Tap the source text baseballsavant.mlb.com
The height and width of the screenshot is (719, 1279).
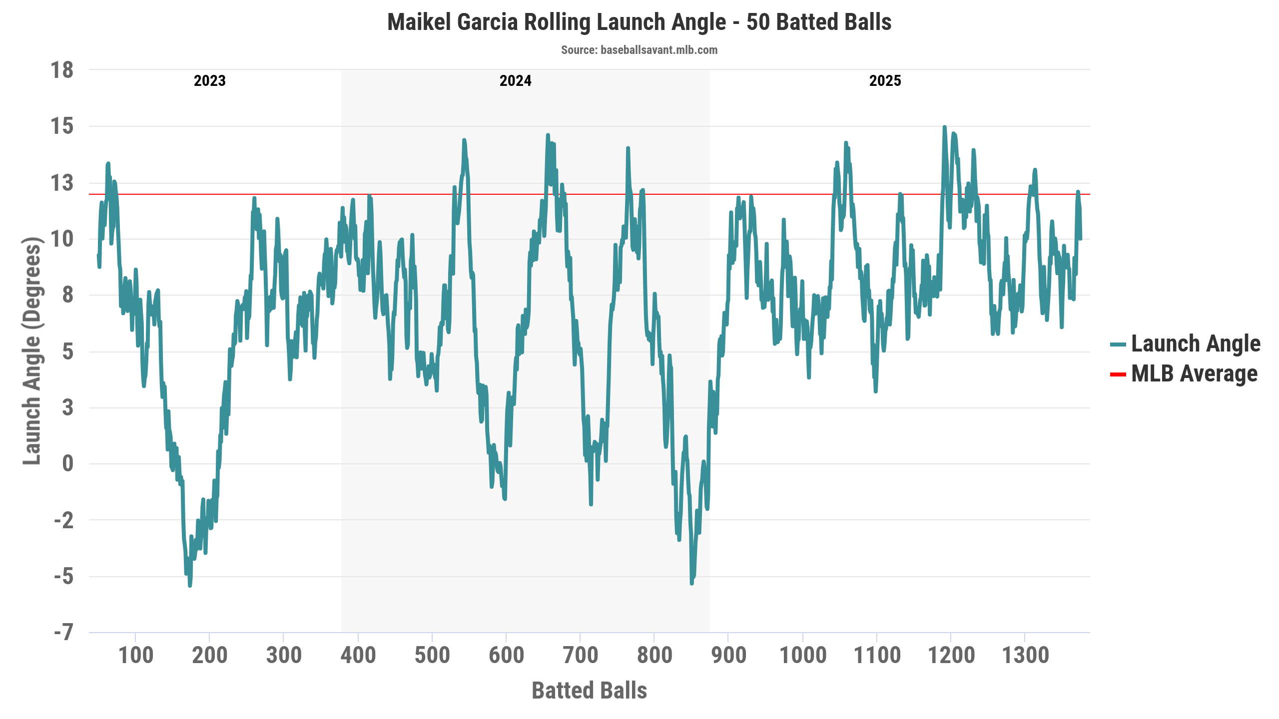click(639, 50)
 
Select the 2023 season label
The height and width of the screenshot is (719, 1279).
click(209, 81)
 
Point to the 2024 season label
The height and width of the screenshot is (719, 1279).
click(515, 81)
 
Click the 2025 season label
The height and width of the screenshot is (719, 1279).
click(885, 81)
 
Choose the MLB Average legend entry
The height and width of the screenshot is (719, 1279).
click(1194, 374)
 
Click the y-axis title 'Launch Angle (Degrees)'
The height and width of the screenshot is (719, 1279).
click(32, 351)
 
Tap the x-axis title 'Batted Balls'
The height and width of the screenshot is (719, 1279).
click(589, 691)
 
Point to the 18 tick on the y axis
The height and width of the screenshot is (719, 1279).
click(62, 70)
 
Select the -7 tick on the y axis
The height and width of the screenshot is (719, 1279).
click(64, 633)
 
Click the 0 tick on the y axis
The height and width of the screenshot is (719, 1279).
click(68, 464)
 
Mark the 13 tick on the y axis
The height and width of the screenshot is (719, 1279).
click(62, 183)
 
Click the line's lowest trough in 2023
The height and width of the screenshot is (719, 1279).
click(190, 585)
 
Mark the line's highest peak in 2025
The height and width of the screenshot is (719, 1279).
click(944, 127)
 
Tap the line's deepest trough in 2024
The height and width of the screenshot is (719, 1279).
click(692, 583)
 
